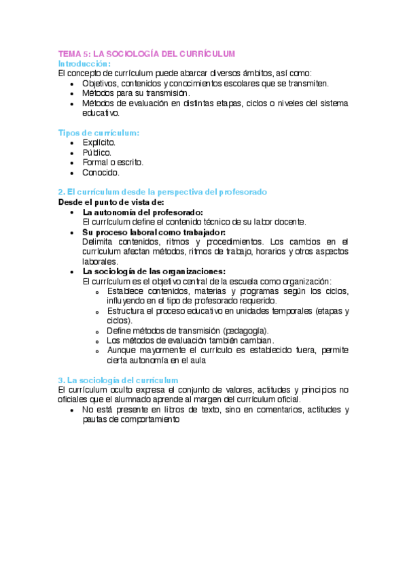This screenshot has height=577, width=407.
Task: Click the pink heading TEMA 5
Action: pos(145,54)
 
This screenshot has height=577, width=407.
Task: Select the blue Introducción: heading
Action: pos(84,63)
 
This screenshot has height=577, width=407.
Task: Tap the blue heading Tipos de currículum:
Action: pos(99,133)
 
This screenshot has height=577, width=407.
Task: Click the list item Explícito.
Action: pos(99,143)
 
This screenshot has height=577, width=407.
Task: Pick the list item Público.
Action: pos(96,153)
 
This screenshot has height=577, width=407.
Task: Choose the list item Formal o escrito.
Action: pos(113,163)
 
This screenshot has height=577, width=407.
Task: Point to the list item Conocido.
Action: pos(101,173)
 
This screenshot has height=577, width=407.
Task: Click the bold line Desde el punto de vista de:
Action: pos(111,202)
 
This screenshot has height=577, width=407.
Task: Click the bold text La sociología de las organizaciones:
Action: pos(154,271)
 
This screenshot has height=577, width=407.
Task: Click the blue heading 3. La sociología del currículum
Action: pos(118,380)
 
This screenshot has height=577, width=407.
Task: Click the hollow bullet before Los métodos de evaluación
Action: pos(99,341)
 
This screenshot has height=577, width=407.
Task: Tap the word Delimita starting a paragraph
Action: pos(99,242)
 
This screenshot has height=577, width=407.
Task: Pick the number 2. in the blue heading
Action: pos(61,193)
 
